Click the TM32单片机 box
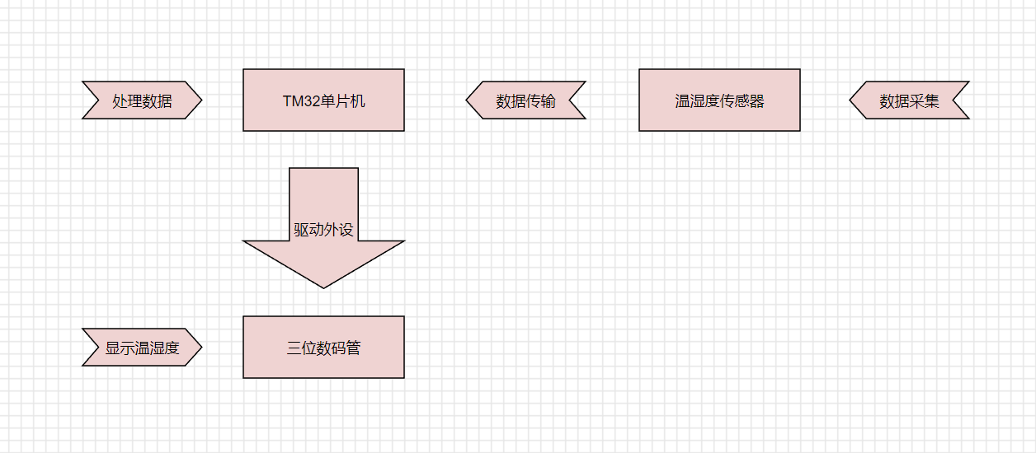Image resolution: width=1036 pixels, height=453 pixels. pyautogui.click(x=323, y=100)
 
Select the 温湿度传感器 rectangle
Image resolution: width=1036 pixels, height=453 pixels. pyautogui.click(x=719, y=100)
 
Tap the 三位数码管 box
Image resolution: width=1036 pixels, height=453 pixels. pyautogui.click(x=323, y=348)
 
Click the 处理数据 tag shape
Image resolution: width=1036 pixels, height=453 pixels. pyautogui.click(x=142, y=100)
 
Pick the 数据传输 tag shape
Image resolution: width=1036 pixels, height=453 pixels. pyautogui.click(x=526, y=100)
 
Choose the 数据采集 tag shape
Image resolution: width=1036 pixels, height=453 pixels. pyautogui.click(x=909, y=100)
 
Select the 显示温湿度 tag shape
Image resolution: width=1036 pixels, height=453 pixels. pyautogui.click(x=142, y=348)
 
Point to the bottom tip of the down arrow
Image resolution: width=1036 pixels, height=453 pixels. pyautogui.click(x=323, y=288)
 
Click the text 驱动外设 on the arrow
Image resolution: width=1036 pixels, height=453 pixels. pyautogui.click(x=323, y=230)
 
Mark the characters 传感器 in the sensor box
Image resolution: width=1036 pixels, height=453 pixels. pyautogui.click(x=742, y=101)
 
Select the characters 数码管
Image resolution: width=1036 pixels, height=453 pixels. pyautogui.click(x=338, y=348)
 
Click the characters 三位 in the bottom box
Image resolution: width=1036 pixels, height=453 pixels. pyautogui.click(x=302, y=348)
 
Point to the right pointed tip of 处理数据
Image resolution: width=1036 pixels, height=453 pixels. pyautogui.click(x=202, y=100)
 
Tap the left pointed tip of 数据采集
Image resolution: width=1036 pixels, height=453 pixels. pyautogui.click(x=850, y=100)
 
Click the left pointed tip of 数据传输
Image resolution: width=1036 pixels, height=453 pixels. pyautogui.click(x=466, y=100)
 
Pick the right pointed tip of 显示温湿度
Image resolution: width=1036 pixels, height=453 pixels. pyautogui.click(x=202, y=348)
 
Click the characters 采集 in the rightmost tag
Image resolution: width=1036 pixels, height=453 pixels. pyautogui.click(x=924, y=101)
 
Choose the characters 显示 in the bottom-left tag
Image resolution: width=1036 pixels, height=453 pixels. pyautogui.click(x=120, y=348)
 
